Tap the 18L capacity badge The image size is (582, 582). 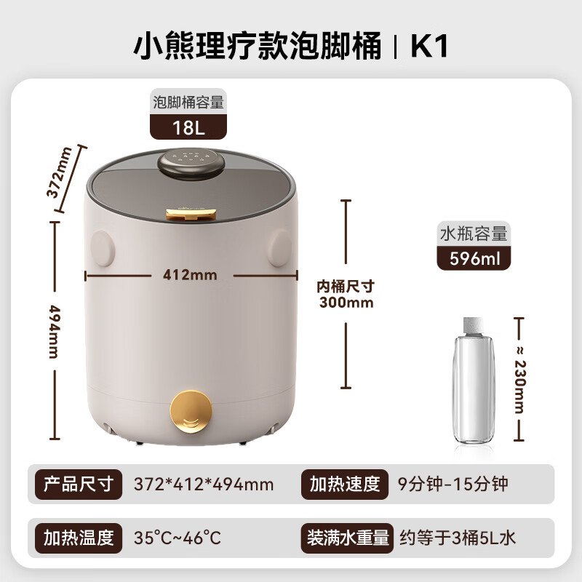tap(188, 128)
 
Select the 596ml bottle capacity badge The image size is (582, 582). tap(474, 258)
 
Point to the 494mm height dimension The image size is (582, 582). tap(54, 330)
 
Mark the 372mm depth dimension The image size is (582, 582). tap(65, 175)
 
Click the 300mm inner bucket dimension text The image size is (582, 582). tap(346, 302)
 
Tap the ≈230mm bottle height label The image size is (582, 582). tap(519, 378)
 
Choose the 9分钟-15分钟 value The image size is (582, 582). tap(453, 484)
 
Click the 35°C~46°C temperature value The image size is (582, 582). tap(177, 538)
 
